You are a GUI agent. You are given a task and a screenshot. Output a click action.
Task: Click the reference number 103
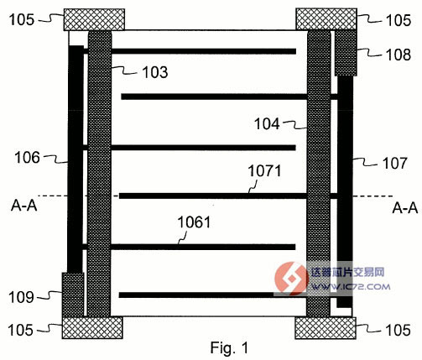155,72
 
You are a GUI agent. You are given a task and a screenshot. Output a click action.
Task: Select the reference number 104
267,123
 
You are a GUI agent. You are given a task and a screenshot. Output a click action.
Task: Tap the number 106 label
28,157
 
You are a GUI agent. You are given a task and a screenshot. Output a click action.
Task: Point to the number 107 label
395,163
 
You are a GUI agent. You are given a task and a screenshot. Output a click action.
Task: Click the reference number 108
399,55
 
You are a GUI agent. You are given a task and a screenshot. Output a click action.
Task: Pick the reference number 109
21,297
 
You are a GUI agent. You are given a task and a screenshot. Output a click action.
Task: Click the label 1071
265,170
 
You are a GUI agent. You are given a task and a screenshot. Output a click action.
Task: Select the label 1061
194,222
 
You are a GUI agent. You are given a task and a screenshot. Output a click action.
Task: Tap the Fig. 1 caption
229,347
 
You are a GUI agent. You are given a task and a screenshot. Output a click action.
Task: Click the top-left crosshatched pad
94,19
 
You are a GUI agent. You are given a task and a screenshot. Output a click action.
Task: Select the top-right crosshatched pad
326,19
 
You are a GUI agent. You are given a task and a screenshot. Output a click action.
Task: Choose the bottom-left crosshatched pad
92,328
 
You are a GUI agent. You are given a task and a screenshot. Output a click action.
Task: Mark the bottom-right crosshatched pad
326,328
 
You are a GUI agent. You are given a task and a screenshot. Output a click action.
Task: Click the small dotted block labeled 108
346,53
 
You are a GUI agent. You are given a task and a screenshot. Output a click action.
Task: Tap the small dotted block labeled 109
73,295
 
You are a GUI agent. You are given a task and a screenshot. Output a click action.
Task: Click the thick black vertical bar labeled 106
76,159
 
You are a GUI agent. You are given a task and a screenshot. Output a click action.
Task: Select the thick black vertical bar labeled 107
345,191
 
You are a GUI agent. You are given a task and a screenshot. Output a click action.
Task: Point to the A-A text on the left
24,206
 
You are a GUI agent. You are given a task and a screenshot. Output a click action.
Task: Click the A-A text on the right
405,208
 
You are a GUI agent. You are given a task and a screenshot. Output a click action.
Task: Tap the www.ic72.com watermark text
351,286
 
